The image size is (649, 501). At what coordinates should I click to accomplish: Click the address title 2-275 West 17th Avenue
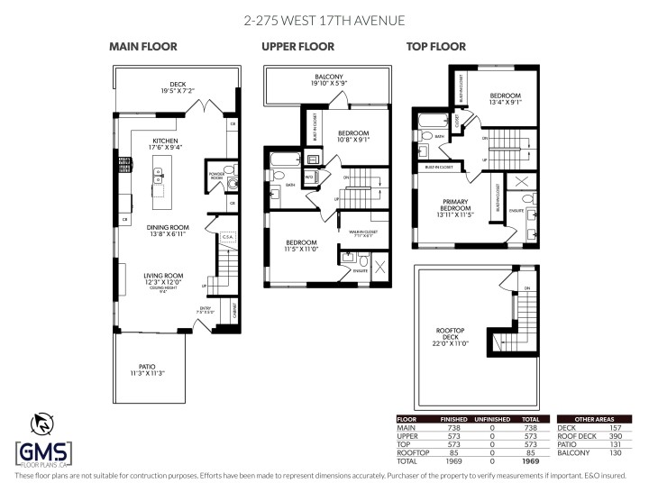[x=324, y=20]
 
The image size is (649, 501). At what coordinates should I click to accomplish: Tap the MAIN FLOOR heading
[x=143, y=46]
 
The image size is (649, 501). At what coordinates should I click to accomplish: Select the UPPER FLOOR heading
[x=298, y=46]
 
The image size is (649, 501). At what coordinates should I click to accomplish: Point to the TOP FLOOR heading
[x=436, y=46]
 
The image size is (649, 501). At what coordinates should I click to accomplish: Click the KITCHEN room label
[x=165, y=141]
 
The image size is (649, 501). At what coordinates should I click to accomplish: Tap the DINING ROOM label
[x=168, y=228]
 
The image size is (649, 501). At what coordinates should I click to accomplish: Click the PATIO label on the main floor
[x=147, y=368]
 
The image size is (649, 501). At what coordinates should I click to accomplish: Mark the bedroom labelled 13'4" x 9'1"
[x=505, y=96]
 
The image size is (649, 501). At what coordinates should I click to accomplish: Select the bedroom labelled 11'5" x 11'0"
[x=300, y=243]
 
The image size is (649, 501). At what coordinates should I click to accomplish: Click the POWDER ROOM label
[x=215, y=175]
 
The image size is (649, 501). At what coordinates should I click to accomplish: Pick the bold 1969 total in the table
[x=530, y=460]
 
